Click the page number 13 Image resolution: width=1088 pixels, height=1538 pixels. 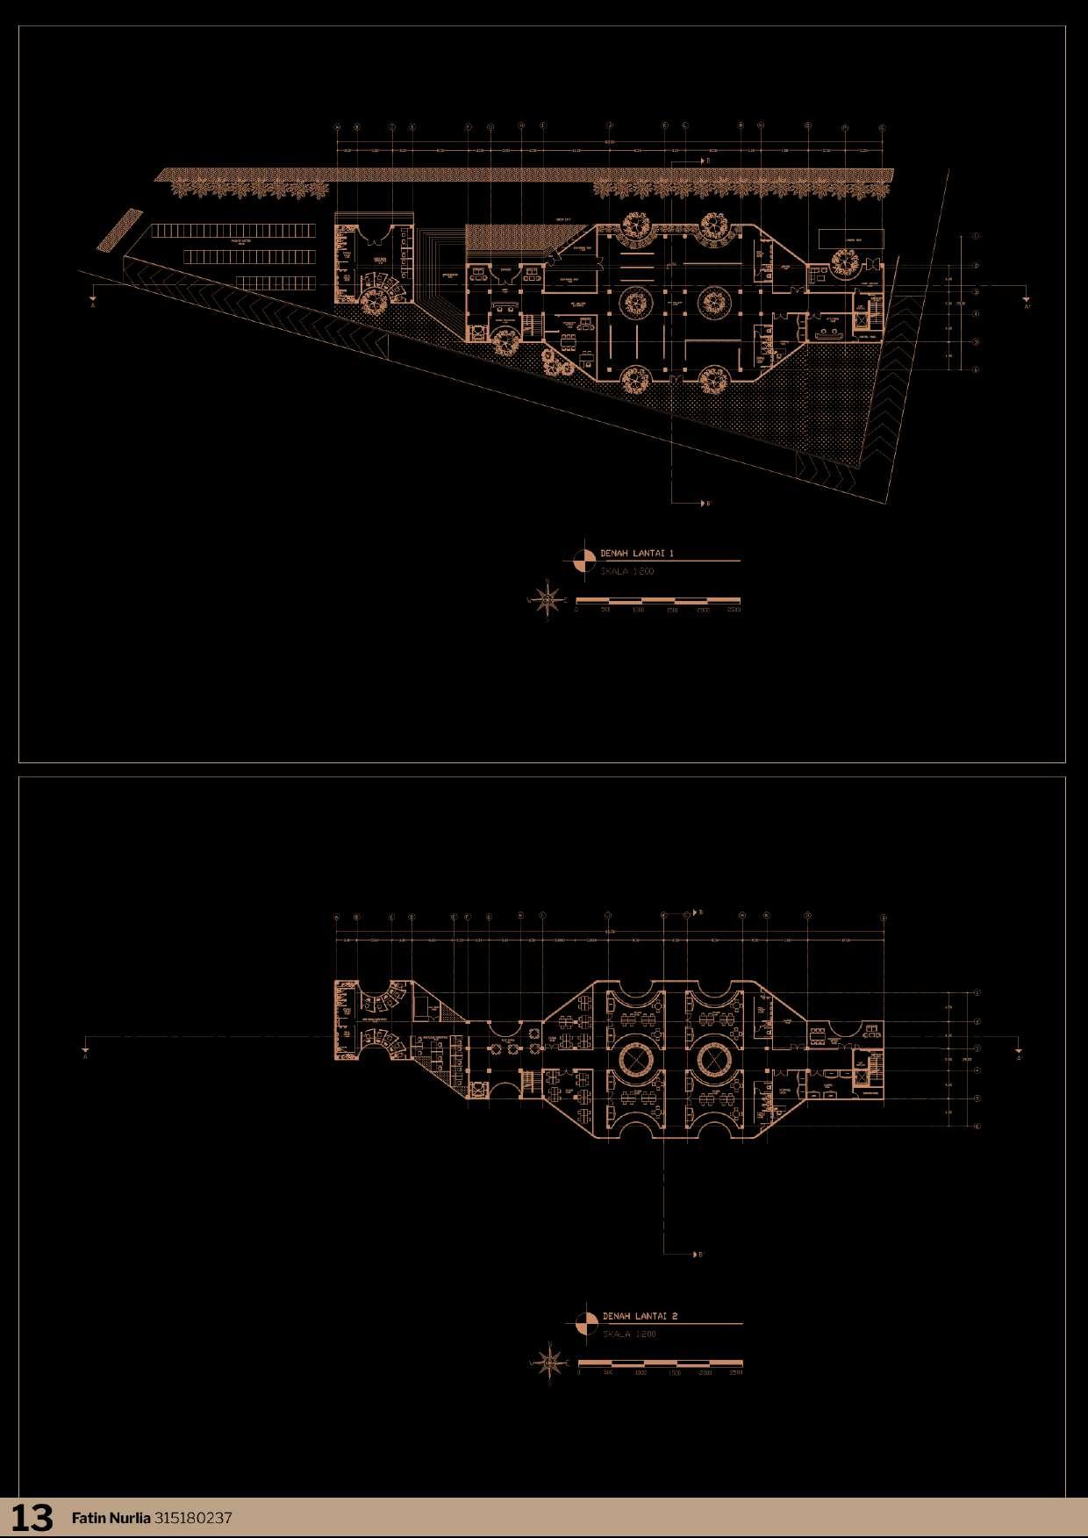32,1517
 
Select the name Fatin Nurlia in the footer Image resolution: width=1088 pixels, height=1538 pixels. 111,1518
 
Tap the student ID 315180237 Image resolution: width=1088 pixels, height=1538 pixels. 193,1518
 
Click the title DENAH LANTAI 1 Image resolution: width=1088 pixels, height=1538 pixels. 637,554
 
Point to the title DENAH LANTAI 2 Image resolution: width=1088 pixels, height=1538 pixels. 640,1316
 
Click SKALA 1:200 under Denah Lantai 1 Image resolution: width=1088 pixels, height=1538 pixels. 627,571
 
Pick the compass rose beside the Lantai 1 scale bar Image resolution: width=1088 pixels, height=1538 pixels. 549,600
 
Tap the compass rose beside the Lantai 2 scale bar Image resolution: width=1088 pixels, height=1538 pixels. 551,1363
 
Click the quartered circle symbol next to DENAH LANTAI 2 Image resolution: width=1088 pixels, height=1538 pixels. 587,1323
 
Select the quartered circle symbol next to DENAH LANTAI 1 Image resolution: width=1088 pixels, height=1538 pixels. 584,561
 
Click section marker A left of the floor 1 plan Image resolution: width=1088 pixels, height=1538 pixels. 93,302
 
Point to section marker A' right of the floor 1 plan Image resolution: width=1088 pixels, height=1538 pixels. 1027,303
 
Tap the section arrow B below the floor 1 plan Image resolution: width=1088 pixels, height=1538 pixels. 704,504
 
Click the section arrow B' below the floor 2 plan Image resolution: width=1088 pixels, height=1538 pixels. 697,1255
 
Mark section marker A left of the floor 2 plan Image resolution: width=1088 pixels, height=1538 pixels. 85,1052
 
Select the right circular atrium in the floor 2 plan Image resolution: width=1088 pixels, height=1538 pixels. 714,1060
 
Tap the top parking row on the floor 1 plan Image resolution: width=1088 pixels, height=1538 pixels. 233,231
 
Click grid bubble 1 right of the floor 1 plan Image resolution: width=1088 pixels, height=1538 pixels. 976,236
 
